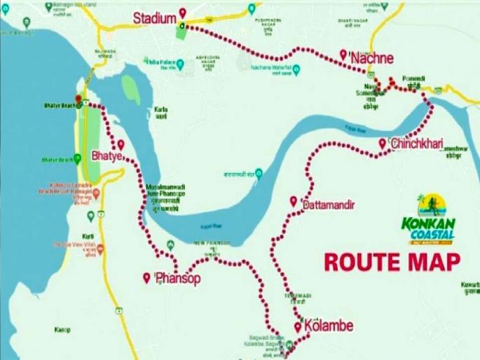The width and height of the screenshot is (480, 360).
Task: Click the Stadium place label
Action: [x=154, y=18]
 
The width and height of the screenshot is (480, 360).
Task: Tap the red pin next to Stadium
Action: [x=182, y=13]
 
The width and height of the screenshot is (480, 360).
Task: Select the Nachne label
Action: [x=372, y=58]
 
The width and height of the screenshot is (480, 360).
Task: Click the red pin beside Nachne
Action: [x=343, y=54]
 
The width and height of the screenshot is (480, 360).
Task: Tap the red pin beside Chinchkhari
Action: [x=382, y=143]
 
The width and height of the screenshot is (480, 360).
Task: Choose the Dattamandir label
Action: [x=329, y=205]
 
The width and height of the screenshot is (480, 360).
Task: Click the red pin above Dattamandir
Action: [x=294, y=201]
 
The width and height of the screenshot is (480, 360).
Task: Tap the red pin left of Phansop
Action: [x=146, y=277]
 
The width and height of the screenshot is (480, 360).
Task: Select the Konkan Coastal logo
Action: [x=428, y=221]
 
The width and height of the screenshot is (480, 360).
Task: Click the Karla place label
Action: [x=161, y=111]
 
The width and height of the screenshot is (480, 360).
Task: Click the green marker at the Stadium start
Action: [x=181, y=26]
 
